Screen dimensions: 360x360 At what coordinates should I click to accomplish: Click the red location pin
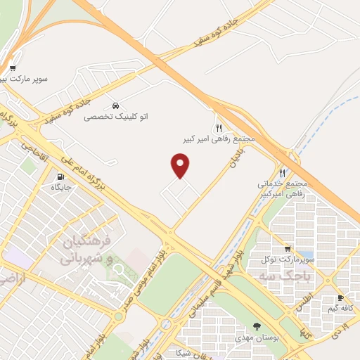[x=181, y=165]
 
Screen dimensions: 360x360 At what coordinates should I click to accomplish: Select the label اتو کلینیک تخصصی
[x=110, y=117]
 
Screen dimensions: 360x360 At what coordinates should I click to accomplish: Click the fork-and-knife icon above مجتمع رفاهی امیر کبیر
[x=219, y=127]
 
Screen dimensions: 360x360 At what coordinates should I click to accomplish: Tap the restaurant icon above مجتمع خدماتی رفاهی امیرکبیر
[x=283, y=172]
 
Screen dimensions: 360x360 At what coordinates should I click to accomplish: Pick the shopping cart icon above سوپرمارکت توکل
[x=287, y=249]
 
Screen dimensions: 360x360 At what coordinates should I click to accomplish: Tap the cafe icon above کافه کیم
[x=340, y=297]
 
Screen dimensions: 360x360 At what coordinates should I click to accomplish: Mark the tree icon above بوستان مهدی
[x=256, y=326]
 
